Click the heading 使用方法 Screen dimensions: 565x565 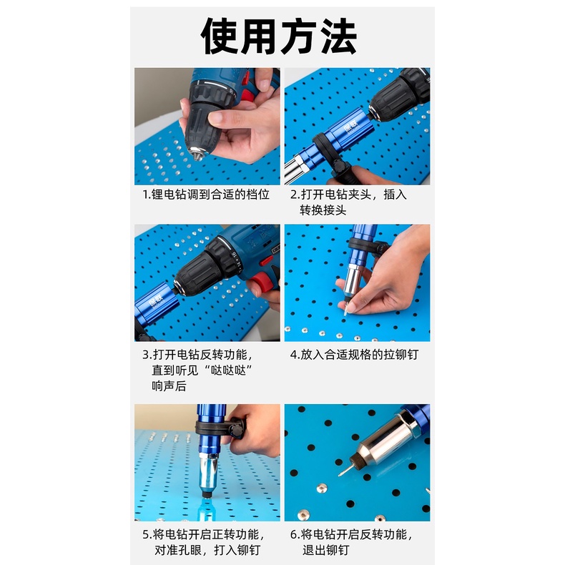[279, 36]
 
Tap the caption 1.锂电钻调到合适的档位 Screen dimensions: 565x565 [206, 195]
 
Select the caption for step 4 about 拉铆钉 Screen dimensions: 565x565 [354, 355]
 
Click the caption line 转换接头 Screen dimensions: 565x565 [323, 210]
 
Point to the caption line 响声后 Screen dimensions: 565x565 [169, 386]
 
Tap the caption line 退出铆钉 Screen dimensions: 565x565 [326, 550]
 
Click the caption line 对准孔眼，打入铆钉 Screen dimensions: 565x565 [207, 550]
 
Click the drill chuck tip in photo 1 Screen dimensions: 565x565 [197, 154]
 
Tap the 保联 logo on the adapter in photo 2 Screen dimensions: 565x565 [350, 127]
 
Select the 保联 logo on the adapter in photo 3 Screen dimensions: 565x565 [157, 300]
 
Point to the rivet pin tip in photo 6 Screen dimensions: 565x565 [340, 475]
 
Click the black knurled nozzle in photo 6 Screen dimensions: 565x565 [357, 458]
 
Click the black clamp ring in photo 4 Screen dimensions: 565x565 [367, 245]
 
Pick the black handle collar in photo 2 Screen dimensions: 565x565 [329, 152]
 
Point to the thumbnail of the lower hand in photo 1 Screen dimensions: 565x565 [216, 117]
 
